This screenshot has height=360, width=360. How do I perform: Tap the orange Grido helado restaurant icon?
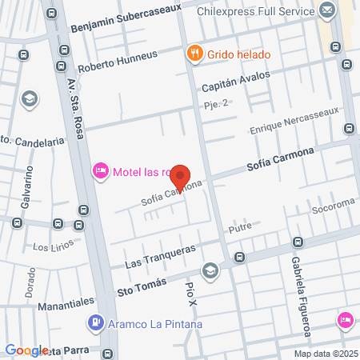194,54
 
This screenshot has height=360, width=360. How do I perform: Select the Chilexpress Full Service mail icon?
326,10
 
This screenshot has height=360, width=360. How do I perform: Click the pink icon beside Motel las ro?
101,170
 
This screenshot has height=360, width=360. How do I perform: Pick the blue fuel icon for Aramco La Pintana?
94,324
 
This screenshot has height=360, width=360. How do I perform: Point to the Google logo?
26,350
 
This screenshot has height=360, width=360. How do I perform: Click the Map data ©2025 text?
325,354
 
